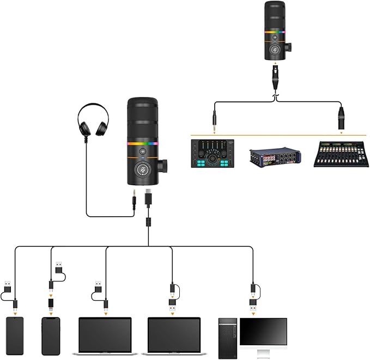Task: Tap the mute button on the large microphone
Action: tap(143, 169)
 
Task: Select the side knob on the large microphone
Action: tap(163, 164)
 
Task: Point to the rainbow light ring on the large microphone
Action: tap(143, 144)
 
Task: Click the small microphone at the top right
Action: tap(276, 30)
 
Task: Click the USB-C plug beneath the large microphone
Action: tap(148, 198)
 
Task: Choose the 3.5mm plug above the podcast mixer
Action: tap(215, 120)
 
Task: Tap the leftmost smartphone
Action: tap(15, 335)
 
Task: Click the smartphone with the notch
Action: tap(50, 335)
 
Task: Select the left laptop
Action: tap(105, 334)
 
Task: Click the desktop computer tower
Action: tap(228, 338)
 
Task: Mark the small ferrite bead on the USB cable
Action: tap(148, 223)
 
